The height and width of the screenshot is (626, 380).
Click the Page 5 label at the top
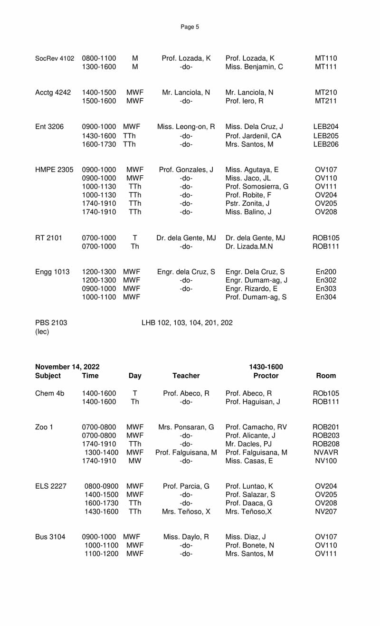[x=190, y=27]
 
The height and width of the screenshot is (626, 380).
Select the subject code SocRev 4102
[x=55, y=58]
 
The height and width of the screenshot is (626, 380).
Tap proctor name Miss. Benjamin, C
[x=254, y=67]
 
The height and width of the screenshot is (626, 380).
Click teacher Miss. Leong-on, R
[x=186, y=127]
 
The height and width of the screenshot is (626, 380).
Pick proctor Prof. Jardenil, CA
[x=253, y=135]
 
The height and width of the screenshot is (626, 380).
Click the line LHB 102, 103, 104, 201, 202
[x=187, y=323]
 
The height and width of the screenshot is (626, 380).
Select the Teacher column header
[x=186, y=376]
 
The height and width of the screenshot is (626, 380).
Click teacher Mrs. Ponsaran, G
[x=186, y=427]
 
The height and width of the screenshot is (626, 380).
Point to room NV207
[x=326, y=512]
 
